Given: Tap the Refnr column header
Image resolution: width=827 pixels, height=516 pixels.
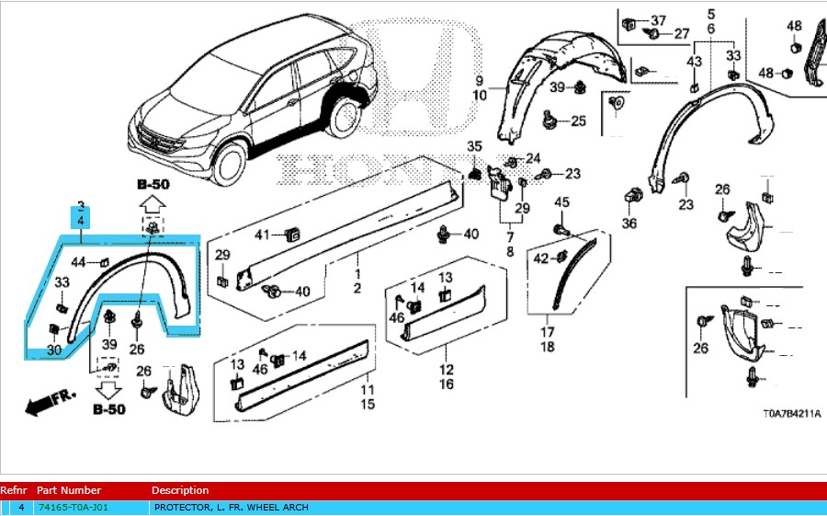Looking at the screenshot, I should (14, 490).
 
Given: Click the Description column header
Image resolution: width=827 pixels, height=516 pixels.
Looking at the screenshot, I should (180, 490).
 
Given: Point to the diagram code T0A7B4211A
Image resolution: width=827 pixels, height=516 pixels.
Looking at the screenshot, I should (792, 414).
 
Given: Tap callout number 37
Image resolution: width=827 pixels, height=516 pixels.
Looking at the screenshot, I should (658, 20).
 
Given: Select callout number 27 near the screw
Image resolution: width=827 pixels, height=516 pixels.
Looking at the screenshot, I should (681, 34).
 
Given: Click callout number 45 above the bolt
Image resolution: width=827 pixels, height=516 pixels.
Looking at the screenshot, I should (562, 202).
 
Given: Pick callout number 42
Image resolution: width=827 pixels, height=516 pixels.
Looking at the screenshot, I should (541, 258).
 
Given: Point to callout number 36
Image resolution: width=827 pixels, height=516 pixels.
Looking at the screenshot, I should (629, 223).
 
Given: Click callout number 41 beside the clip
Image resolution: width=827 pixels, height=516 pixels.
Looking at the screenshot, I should (263, 235).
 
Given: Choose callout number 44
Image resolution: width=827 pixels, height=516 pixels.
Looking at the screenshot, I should (79, 263).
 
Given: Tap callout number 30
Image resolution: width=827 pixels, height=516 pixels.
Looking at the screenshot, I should (55, 350).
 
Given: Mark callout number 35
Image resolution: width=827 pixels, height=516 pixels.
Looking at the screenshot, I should (474, 147).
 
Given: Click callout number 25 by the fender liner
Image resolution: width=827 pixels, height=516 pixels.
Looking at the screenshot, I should (578, 120).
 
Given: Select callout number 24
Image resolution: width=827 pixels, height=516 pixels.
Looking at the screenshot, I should (533, 158).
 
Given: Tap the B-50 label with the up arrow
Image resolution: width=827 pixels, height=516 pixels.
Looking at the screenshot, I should (152, 184).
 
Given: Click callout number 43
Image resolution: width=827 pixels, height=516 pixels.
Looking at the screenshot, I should (695, 61).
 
